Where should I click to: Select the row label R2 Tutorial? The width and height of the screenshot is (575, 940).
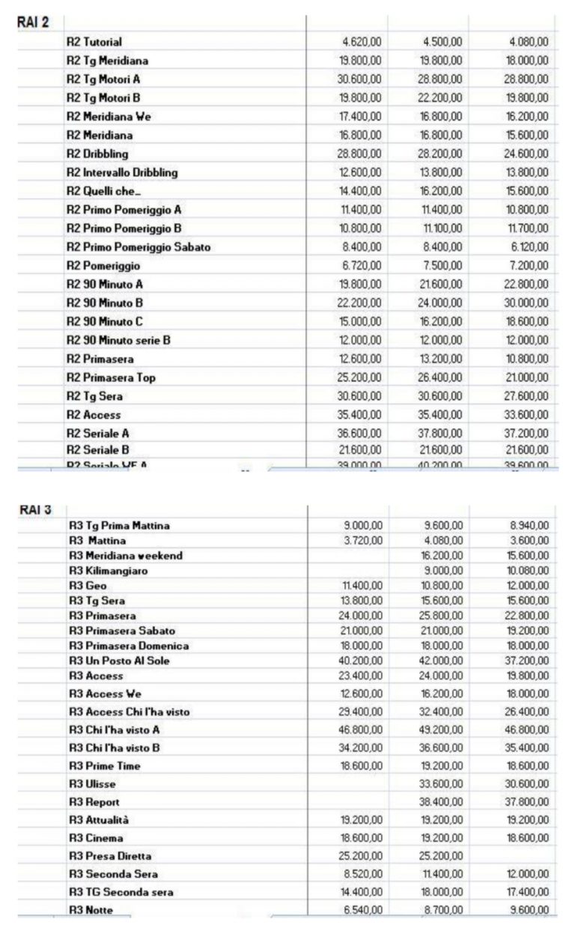click(94, 42)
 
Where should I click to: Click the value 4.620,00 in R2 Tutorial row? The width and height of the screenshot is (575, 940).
click(362, 42)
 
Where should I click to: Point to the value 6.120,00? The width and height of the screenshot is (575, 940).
click(532, 247)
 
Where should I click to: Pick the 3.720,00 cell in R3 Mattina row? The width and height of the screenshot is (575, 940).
click(365, 540)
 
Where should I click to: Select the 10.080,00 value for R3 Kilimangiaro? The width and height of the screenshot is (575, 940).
click(529, 571)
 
